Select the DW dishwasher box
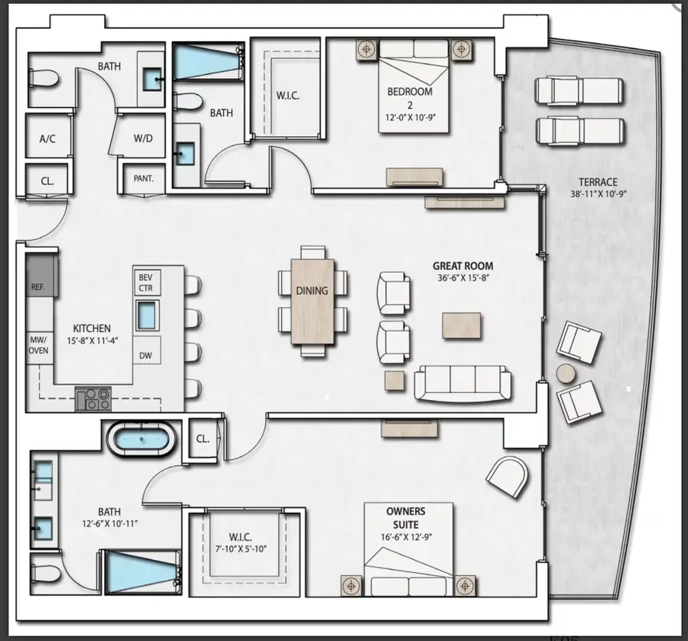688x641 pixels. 146,355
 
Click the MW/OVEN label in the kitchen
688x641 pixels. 39,344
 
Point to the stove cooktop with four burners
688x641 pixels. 93,398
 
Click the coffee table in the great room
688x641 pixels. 462,325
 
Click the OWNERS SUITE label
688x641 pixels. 406,517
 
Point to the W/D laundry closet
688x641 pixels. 143,139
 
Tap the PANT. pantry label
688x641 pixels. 144,178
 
